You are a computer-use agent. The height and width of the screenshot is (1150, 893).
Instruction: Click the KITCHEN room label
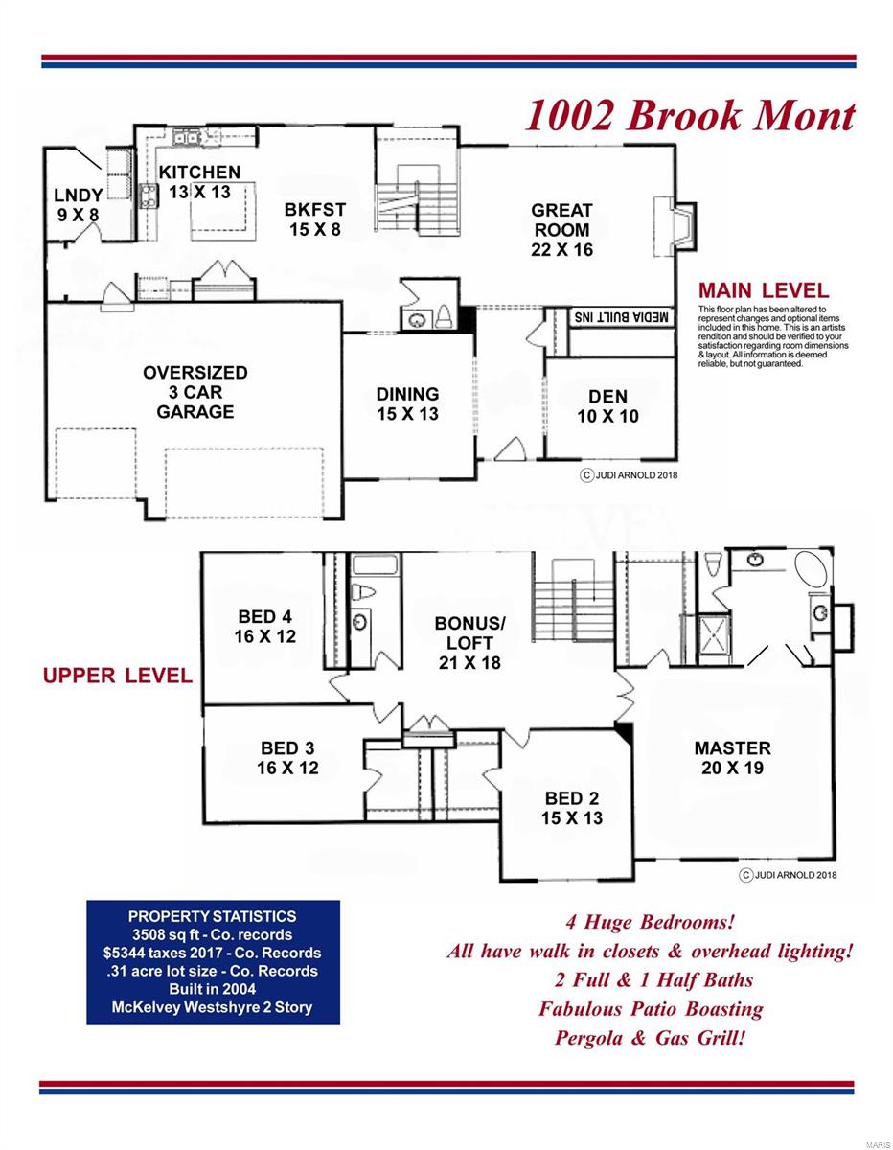[x=199, y=181]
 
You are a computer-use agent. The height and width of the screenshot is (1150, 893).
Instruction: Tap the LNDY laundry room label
[x=79, y=204]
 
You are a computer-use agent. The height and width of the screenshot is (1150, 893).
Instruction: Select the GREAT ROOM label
[x=561, y=230]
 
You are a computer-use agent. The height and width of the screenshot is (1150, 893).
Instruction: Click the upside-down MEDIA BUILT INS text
[x=621, y=317]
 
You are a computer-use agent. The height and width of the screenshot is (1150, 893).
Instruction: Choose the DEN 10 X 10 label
[x=607, y=406]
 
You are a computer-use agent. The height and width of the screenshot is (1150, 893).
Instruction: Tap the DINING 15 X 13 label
[x=407, y=403]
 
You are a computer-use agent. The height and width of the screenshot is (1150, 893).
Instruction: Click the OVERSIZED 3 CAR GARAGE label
[x=195, y=392]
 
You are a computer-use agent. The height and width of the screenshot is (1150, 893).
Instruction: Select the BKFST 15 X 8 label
[x=315, y=219]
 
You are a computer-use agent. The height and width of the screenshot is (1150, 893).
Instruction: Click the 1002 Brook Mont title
[x=690, y=116]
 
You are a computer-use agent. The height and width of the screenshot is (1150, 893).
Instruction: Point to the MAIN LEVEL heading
[x=764, y=290]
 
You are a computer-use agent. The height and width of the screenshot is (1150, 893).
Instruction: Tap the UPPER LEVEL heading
[x=118, y=676]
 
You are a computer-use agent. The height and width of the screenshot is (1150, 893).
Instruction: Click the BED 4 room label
[x=265, y=627]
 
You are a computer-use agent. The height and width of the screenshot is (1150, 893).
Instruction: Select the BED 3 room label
[x=287, y=758]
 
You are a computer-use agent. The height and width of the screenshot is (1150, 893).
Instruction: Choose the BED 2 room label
[x=571, y=808]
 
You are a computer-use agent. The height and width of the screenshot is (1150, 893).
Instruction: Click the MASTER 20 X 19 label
[x=733, y=758]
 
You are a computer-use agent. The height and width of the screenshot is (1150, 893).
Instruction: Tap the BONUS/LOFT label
[x=469, y=643]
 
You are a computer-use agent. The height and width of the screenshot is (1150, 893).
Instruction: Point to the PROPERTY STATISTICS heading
[x=213, y=916]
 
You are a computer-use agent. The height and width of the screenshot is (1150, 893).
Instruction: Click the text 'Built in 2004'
[x=213, y=989]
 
